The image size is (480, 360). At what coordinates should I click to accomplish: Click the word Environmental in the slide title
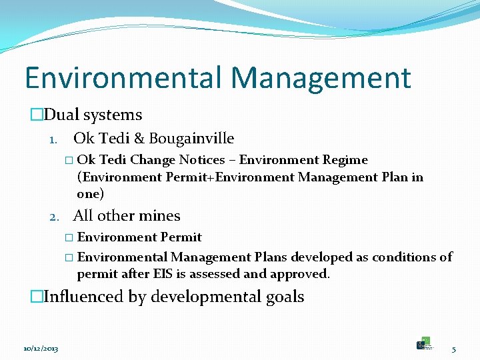123,77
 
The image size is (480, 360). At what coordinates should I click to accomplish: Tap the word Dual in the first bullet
61,115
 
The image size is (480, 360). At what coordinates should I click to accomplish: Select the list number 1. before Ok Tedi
56,139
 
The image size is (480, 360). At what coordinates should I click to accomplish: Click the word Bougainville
191,139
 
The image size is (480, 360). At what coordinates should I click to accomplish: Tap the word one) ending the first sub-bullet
91,194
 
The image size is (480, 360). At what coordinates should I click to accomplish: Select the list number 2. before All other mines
56,217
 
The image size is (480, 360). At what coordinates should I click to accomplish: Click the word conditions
399,257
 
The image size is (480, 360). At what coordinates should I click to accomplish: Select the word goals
285,297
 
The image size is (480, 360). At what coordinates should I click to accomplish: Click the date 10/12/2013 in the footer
41,349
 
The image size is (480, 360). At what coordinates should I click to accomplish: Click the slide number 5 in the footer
453,349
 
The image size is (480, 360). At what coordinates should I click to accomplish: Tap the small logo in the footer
424,343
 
